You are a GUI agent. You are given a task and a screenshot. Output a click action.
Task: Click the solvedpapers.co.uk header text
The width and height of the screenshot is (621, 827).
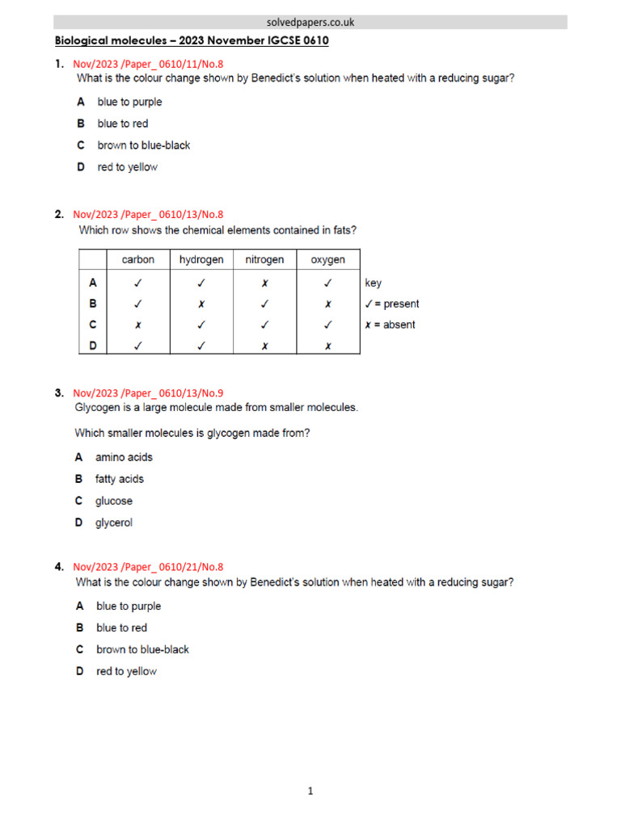tap(310, 23)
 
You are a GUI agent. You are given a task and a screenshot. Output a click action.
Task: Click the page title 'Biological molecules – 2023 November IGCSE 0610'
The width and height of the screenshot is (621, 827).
tap(192, 40)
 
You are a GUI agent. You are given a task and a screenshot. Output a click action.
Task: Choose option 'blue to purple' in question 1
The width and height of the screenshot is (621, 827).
tap(129, 102)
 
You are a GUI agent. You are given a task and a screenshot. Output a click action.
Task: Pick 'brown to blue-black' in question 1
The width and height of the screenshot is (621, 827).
tap(144, 145)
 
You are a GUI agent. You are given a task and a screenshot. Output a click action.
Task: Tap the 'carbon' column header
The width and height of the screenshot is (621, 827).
tap(138, 259)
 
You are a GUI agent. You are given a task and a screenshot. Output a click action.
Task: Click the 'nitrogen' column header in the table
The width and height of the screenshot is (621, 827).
tap(264, 259)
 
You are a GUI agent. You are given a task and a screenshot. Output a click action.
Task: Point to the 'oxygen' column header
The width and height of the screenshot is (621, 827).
tap(327, 259)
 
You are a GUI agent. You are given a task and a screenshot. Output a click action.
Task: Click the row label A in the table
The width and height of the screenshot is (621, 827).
tap(93, 283)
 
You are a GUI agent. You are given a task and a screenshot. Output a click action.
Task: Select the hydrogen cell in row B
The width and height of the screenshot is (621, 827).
tap(201, 304)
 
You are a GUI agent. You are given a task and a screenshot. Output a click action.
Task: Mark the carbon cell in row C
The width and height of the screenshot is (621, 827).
tap(138, 325)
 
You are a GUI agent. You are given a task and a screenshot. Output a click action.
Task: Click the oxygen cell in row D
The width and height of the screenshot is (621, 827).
tap(327, 346)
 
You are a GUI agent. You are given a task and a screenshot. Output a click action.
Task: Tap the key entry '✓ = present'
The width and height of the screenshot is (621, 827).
tap(392, 304)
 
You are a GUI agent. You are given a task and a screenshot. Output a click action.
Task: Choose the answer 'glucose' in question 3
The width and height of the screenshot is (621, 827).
tap(114, 501)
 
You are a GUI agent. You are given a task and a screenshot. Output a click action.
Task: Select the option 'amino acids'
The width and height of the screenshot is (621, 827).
tap(124, 457)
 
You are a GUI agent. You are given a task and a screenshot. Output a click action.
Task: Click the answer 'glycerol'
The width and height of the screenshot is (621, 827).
tap(114, 523)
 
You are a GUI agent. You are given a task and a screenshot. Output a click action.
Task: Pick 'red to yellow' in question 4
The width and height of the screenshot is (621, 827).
tap(126, 671)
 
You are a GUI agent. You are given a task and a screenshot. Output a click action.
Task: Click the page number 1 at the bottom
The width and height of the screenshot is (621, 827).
tap(310, 791)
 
